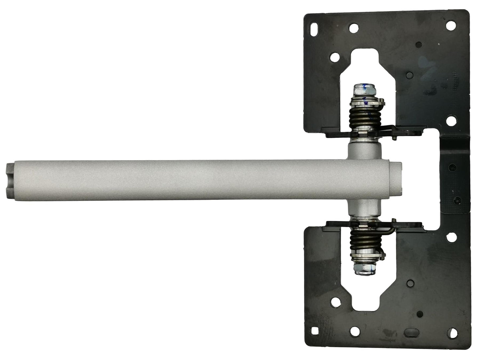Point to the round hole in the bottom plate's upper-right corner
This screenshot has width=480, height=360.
451,237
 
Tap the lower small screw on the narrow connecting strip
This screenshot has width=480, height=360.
458,200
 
